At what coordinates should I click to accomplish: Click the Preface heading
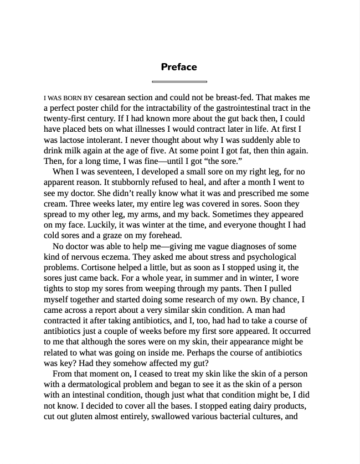[x=179, y=67]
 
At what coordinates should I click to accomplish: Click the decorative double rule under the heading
[x=179, y=81]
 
